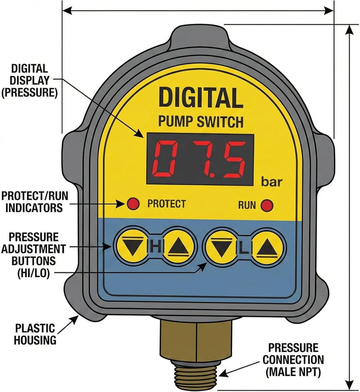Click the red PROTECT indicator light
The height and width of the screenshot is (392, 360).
click(133, 204)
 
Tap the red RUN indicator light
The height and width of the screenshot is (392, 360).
click(267, 206)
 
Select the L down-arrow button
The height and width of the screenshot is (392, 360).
click(221, 248)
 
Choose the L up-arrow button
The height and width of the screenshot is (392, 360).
click(267, 248)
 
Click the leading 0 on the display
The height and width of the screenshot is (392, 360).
click(166, 159)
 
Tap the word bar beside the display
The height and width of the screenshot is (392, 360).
click(271, 182)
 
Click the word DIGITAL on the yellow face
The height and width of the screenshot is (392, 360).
click(201, 98)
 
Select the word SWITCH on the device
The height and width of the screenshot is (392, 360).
click(220, 122)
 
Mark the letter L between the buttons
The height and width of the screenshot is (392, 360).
click(244, 248)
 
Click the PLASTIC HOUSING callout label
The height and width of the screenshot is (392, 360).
click(35, 334)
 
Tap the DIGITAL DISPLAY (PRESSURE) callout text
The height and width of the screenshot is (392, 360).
click(30, 81)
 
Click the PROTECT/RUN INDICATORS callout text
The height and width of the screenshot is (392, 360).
click(35, 202)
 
